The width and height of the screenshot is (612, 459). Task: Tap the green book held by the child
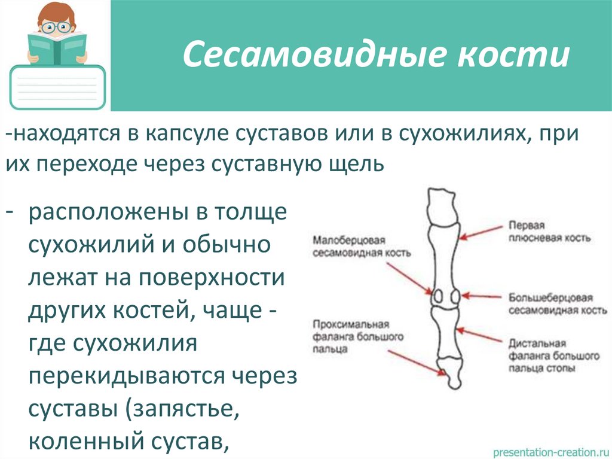pos(57,48)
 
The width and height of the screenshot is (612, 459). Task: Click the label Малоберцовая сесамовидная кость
pos(362,246)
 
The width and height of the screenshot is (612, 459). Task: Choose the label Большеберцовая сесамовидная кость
pos(550,304)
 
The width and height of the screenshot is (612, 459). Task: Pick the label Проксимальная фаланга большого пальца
pos(357,336)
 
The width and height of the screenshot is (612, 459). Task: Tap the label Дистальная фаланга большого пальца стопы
pos(553,356)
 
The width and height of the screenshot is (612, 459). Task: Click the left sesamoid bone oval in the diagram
pos(437,296)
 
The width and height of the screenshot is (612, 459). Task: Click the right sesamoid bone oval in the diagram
pos(455,296)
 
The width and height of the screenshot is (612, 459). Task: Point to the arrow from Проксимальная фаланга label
pos(418,360)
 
